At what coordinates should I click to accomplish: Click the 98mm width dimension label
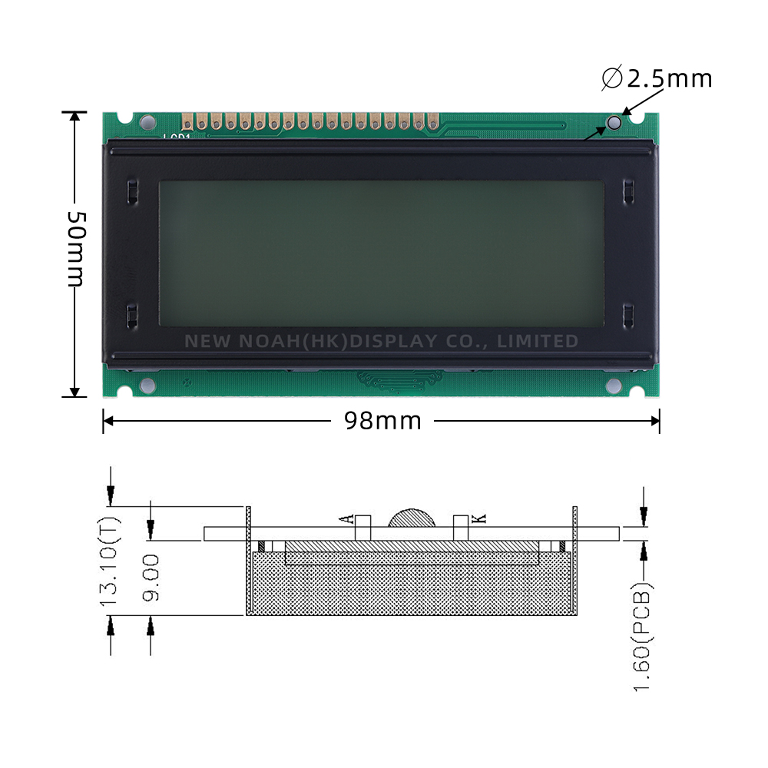pos(382,421)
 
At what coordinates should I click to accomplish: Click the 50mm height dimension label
pos(74,247)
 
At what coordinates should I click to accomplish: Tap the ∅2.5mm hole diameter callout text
pos(657,78)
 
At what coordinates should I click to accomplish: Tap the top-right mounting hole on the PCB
pos(614,123)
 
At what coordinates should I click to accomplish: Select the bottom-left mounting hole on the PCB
pos(148,385)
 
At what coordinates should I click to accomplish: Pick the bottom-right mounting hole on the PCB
pos(614,386)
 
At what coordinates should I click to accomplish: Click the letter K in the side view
pos(478,519)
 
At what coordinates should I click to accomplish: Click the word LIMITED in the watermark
pos(538,341)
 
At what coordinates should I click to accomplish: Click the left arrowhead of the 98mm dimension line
pos(108,420)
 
